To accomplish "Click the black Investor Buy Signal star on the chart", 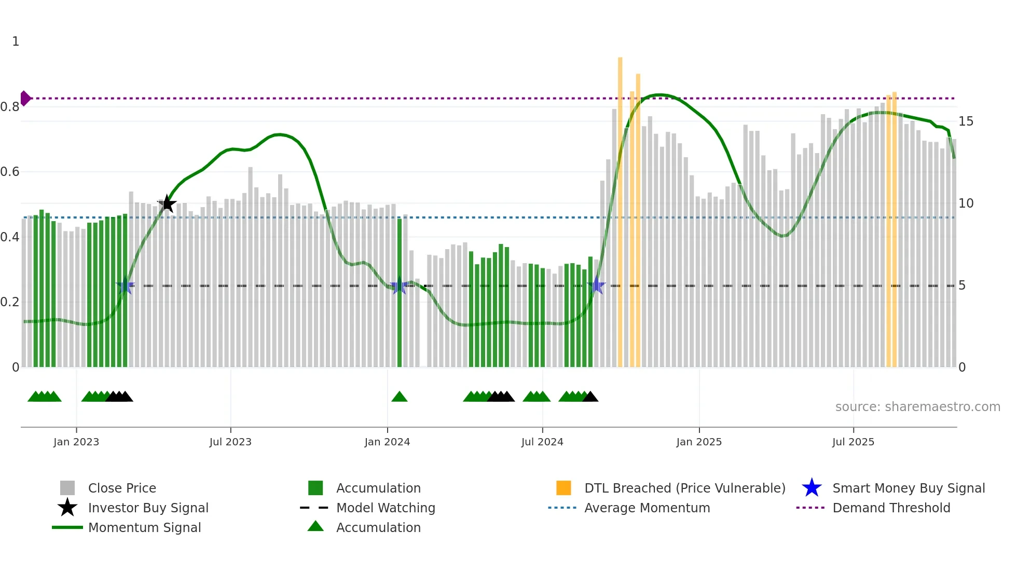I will click(x=167, y=204).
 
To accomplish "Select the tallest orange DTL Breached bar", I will click(x=620, y=208).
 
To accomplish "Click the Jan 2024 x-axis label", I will click(x=387, y=442).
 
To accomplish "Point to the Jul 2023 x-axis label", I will click(x=230, y=442).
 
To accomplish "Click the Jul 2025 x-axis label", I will click(x=853, y=442).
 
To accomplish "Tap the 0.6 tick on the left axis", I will click(x=10, y=172).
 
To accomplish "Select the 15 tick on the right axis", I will click(x=966, y=121).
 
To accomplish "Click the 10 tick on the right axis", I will click(x=966, y=203).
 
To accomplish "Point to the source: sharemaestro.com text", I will click(x=917, y=407).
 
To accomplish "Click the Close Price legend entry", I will click(x=122, y=488).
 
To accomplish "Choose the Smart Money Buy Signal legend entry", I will click(x=908, y=488).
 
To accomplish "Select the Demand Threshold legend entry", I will click(x=891, y=508).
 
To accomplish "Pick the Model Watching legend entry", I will click(x=385, y=508).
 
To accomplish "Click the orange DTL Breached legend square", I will click(x=564, y=488).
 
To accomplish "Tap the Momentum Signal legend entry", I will click(x=144, y=528).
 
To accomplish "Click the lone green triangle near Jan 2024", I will click(x=399, y=397).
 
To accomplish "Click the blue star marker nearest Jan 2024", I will click(x=399, y=286).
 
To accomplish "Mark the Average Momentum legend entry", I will click(x=647, y=508).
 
